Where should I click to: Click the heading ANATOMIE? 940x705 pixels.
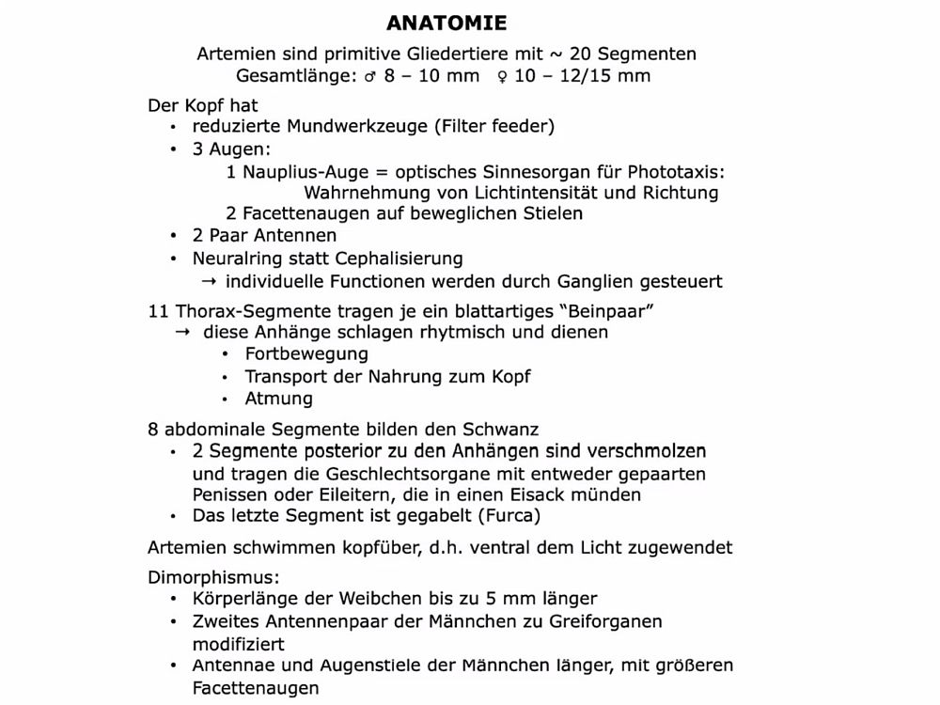click(446, 23)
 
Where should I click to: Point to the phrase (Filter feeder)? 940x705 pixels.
click(493, 127)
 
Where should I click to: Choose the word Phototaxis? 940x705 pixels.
click(676, 172)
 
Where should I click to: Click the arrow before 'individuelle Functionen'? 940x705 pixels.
click(209, 281)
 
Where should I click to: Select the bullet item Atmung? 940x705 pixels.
click(278, 399)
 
